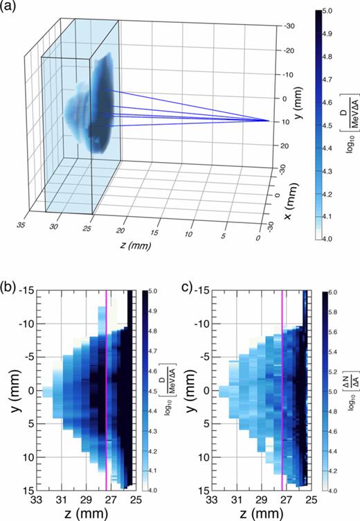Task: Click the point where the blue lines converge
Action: (268, 121)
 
